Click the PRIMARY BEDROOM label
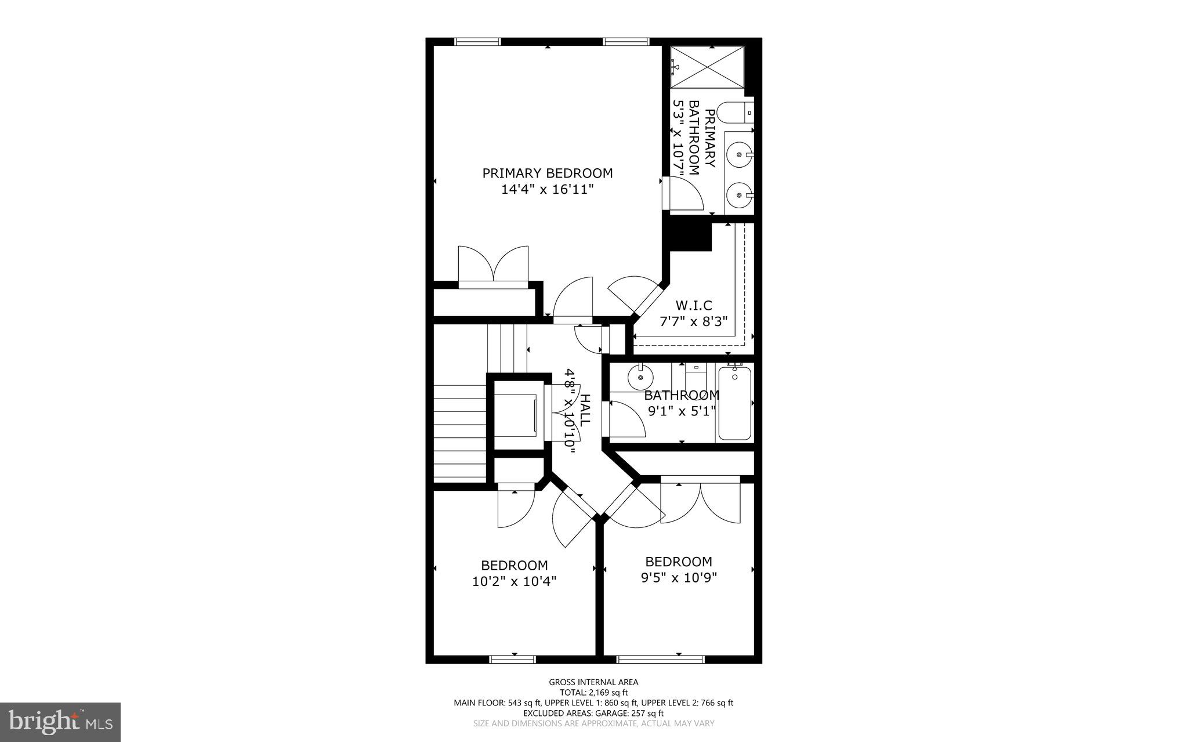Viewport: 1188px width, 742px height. pyautogui.click(x=547, y=173)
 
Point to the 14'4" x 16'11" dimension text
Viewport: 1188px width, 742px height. pyautogui.click(x=547, y=189)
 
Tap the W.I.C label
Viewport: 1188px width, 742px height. pyautogui.click(x=693, y=305)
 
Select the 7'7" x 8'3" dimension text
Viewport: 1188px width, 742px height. pyautogui.click(x=693, y=321)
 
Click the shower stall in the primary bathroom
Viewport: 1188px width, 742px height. pyautogui.click(x=707, y=67)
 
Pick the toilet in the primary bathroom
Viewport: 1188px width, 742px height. pyautogui.click(x=733, y=113)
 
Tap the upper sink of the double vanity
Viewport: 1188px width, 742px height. pyautogui.click(x=739, y=154)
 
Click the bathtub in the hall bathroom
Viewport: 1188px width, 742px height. pyautogui.click(x=734, y=404)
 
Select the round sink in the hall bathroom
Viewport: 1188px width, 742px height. pyautogui.click(x=640, y=378)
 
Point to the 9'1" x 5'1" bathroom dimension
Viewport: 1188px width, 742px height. pyautogui.click(x=682, y=411)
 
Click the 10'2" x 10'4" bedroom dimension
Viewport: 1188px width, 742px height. pyautogui.click(x=514, y=581)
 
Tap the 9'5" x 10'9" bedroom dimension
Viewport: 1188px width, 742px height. pyautogui.click(x=679, y=578)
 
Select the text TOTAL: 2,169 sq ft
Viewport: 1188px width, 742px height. pyautogui.click(x=593, y=692)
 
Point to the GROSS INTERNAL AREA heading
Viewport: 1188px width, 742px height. pyautogui.click(x=593, y=682)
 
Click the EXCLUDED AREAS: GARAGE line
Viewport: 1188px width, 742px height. pyautogui.click(x=593, y=713)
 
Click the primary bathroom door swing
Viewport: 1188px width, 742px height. pyautogui.click(x=684, y=194)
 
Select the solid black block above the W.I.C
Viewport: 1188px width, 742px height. pyautogui.click(x=690, y=236)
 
